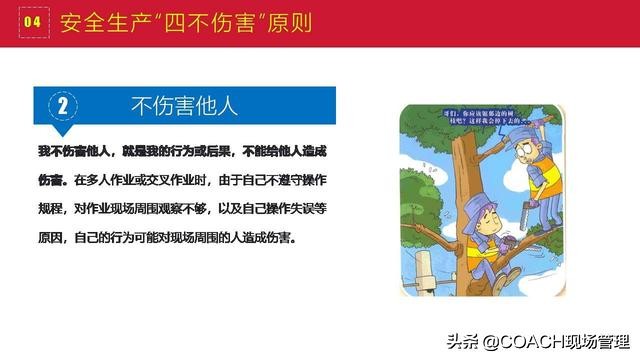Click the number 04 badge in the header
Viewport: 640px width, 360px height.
coord(32,21)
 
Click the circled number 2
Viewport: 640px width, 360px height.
coord(62,104)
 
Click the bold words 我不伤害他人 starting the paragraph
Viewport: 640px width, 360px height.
coord(74,150)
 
